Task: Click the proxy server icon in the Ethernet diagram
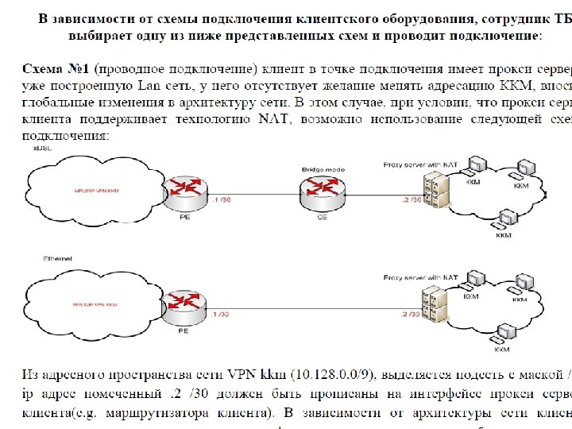(x=434, y=303)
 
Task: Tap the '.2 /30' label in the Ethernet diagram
(x=410, y=315)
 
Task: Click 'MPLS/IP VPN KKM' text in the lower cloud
(x=95, y=305)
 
